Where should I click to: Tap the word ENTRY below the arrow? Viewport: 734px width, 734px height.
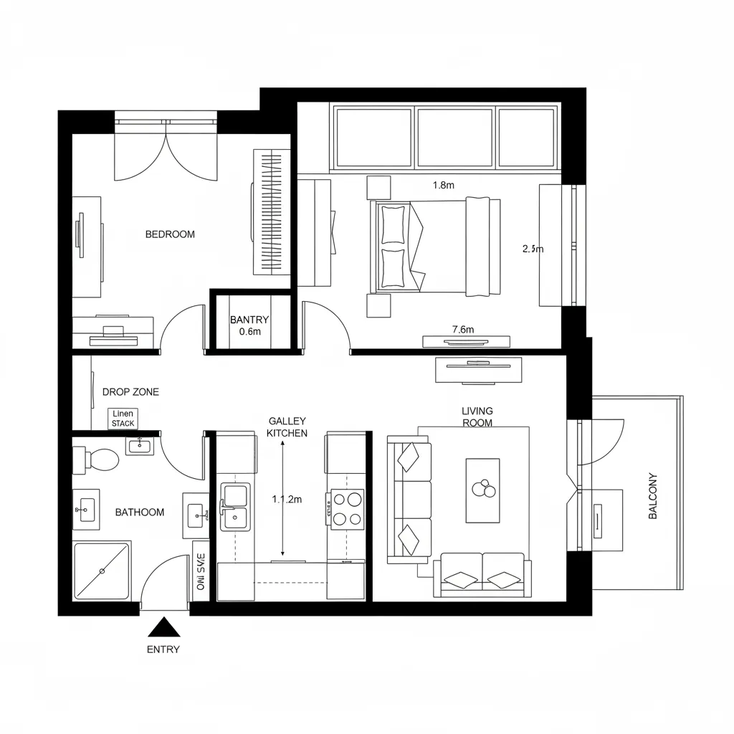[163, 650]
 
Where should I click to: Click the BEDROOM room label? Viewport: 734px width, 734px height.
[170, 234]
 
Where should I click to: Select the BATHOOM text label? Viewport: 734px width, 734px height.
[140, 513]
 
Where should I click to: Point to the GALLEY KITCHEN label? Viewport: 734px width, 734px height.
[287, 427]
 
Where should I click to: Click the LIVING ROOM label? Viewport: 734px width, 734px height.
[477, 416]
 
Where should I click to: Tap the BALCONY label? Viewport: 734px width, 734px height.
[652, 495]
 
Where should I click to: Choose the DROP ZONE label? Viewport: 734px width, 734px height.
[130, 392]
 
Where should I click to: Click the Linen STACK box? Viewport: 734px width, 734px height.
[123, 419]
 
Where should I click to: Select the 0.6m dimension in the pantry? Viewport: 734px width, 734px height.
[249, 332]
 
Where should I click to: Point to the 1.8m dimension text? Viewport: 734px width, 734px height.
[444, 185]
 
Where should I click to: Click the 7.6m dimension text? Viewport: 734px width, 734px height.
[463, 330]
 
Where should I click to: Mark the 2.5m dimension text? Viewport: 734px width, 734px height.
[533, 249]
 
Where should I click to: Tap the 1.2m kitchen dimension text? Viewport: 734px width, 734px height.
[287, 500]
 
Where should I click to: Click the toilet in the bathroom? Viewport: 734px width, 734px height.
[101, 459]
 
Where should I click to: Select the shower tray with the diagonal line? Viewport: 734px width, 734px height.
[102, 571]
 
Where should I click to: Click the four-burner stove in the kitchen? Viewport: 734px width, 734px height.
[345, 508]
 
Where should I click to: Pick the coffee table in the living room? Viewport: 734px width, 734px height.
[482, 491]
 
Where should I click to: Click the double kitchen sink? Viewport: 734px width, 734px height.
[234, 505]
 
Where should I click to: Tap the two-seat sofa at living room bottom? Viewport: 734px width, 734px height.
[482, 576]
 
